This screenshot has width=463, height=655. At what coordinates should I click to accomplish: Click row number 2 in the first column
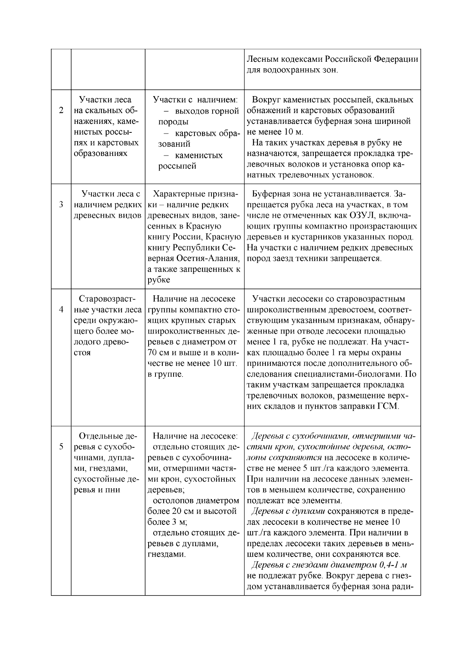pos(61,110)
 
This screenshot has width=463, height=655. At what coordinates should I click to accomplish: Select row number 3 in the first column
pos(61,205)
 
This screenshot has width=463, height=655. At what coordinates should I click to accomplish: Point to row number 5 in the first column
pos(61,447)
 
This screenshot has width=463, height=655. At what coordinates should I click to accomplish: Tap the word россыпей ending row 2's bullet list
pos(177,166)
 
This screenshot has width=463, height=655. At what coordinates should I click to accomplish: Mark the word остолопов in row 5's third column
pos(171,501)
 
